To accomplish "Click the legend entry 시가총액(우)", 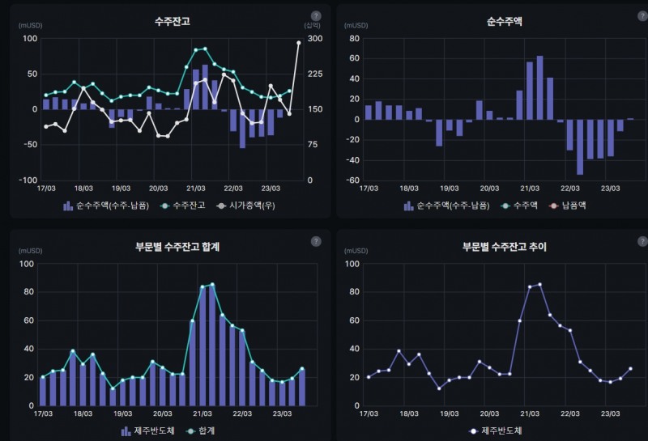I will click(x=248, y=206).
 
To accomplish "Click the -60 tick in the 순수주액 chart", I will click(x=353, y=180).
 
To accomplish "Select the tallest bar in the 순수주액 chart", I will click(x=539, y=87).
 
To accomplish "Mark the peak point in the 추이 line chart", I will click(x=540, y=284).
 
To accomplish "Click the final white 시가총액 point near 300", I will click(x=299, y=43).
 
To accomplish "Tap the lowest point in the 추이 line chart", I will click(x=439, y=388).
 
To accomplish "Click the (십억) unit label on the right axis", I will click(x=301, y=26).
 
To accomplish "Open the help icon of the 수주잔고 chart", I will click(x=316, y=15).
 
